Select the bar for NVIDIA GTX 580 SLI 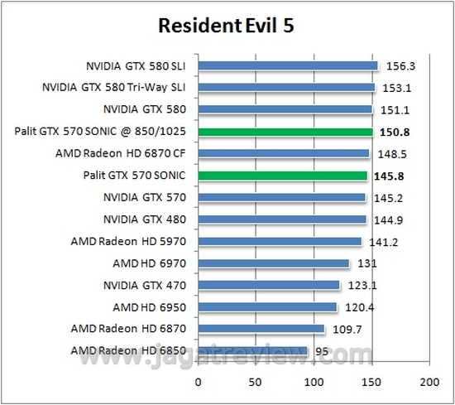coord(288,65)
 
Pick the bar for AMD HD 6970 coord(274,263)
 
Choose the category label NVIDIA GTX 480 coord(145,219)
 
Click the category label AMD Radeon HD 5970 coord(128,241)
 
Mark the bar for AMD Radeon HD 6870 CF coord(284,153)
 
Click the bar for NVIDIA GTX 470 coord(269,285)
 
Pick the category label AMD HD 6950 coord(149,307)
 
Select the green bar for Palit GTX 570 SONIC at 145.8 coord(282,176)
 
